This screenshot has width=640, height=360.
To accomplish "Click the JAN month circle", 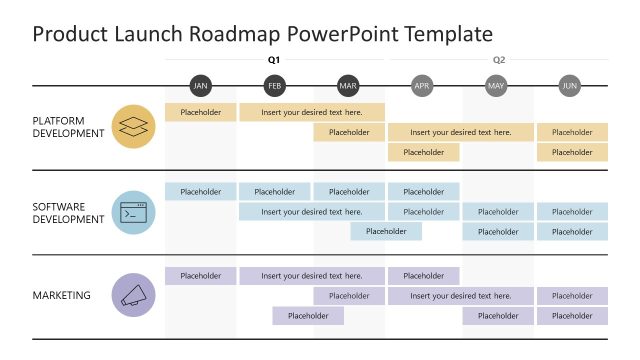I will click(x=201, y=86).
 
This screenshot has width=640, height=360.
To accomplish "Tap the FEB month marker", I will click(x=275, y=86).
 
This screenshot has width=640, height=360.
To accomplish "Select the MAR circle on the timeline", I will click(x=348, y=86).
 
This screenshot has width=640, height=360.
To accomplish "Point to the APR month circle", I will click(x=423, y=86).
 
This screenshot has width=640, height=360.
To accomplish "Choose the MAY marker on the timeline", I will click(x=497, y=86).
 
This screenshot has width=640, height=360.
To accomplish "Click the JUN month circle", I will click(x=570, y=86).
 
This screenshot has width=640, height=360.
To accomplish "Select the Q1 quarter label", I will click(x=274, y=60).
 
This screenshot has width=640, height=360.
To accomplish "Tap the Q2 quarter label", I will click(x=498, y=60).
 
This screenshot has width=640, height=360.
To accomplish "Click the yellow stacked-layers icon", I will click(x=133, y=127).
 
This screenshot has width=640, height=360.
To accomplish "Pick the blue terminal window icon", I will click(x=133, y=212).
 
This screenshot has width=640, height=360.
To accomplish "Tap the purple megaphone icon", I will click(x=133, y=296).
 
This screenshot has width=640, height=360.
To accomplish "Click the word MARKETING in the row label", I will click(x=61, y=295).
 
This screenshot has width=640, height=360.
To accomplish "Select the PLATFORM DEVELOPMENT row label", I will click(x=68, y=127).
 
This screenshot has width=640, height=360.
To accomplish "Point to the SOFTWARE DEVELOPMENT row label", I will click(x=68, y=212).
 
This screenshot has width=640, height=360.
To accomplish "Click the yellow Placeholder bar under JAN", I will click(x=201, y=112).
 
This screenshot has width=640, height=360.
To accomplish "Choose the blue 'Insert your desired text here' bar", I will click(x=312, y=212).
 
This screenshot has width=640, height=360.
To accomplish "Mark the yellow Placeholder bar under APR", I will click(x=424, y=153).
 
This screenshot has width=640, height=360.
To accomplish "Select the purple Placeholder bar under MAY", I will click(x=498, y=316).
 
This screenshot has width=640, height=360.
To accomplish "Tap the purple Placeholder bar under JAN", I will click(x=201, y=276).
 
